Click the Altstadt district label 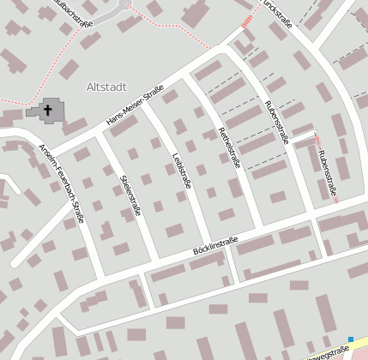pos(106,87)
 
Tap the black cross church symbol pos(48,110)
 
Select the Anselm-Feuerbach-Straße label pos(61,183)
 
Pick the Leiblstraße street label pos(181,171)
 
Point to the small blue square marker pos(351,339)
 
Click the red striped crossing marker pos(248,21)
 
